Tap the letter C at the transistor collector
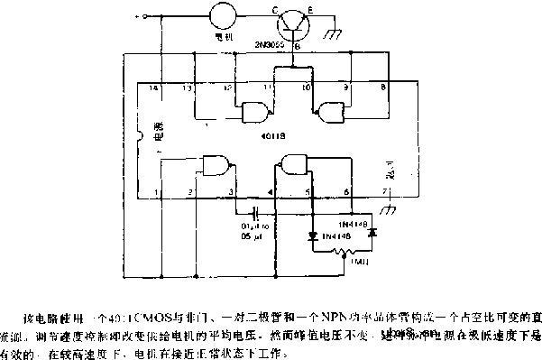pos(276,11)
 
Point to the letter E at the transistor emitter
pos(311,11)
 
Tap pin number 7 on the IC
pos(384,192)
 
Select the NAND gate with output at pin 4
pos(292,164)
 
